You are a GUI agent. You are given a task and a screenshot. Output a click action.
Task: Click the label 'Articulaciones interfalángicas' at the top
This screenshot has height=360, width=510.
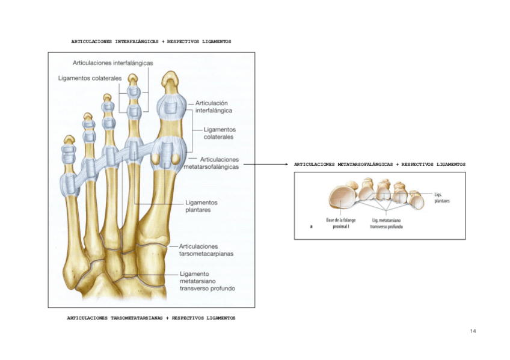[112, 63]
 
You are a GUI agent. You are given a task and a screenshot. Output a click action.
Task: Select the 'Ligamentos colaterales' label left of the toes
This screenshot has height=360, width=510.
[90, 78]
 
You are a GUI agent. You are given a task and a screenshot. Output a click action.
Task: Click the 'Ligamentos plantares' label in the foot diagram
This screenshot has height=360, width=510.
[201, 206]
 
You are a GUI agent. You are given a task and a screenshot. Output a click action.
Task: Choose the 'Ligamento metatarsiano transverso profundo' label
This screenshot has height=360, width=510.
[207, 281]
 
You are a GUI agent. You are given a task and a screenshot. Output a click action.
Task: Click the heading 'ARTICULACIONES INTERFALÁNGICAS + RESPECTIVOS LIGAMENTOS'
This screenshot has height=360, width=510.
[151, 41]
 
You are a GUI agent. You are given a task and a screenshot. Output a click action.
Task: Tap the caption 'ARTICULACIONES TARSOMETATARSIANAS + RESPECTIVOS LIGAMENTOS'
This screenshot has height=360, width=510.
[151, 317]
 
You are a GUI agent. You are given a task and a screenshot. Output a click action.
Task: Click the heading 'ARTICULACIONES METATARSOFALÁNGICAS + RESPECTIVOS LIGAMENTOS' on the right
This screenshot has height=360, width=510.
[379, 164]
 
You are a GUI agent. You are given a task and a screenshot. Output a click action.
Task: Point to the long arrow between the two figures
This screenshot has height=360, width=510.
[265, 164]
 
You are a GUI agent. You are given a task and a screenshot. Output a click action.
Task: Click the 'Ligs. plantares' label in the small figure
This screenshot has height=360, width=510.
[441, 198]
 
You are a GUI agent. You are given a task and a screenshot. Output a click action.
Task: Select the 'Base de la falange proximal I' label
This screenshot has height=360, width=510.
[341, 224]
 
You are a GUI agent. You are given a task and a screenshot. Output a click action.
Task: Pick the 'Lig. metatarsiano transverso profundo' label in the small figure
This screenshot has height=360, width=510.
[387, 224]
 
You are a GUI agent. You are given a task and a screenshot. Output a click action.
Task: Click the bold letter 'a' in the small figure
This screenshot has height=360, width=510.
[311, 227]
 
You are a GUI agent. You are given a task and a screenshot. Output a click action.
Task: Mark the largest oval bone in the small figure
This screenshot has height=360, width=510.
[342, 198]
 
